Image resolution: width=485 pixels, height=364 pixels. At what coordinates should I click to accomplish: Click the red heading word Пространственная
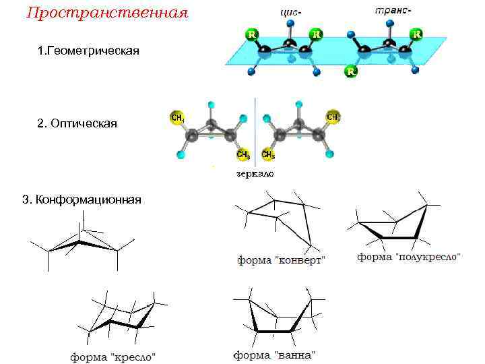coord(106,13)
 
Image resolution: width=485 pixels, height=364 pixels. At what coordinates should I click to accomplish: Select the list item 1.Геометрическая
coord(89,51)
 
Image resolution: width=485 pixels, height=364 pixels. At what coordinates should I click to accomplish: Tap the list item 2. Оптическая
coord(77,123)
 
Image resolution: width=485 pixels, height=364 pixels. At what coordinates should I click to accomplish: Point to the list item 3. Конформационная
coord(82,200)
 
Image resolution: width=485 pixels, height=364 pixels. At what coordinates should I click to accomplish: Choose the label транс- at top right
coord(393,11)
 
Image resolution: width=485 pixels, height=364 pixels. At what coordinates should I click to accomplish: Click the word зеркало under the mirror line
coord(255,173)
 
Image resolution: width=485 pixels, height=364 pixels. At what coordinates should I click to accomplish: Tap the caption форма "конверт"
coord(281,260)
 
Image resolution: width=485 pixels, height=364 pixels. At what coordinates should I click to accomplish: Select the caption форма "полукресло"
coord(409,257)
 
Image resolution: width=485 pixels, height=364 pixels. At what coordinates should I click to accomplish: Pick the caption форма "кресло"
coord(114,355)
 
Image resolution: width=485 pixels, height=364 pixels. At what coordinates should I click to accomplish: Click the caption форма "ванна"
coord(275,354)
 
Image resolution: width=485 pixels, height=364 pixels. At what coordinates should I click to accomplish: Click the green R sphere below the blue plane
coord(351,71)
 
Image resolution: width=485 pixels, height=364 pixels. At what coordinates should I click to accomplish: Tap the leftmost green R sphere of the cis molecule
coord(251,33)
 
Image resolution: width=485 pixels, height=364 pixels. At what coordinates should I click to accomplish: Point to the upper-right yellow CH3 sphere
coord(333,117)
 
